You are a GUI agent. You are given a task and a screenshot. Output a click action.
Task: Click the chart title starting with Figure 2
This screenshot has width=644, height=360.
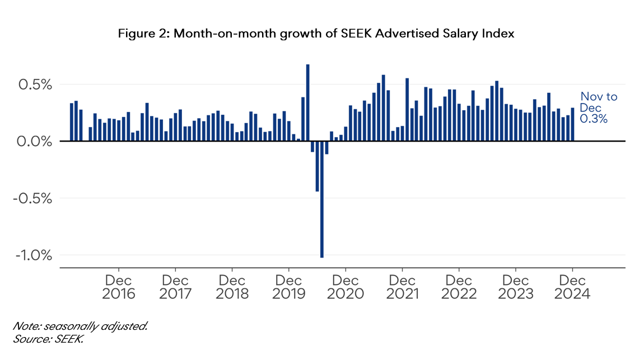coord(315,34)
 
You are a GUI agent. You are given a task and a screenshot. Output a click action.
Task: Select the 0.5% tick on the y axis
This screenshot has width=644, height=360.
coord(35,85)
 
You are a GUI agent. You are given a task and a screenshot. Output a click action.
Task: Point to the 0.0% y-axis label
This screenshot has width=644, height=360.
coord(35,142)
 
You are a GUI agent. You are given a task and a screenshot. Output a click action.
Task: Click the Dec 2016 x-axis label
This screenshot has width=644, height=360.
coord(119,287)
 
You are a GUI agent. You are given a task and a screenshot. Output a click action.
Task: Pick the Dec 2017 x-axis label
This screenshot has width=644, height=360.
coord(175,287)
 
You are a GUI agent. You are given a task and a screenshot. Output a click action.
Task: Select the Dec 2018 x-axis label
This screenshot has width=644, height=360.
coord(232,287)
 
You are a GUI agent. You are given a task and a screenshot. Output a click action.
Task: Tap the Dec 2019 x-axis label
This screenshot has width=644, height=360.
coord(289,287)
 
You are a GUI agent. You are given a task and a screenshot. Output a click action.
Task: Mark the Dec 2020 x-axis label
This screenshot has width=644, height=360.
coord(346,287)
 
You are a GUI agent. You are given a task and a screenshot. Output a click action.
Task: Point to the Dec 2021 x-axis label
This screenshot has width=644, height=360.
coord(403,287)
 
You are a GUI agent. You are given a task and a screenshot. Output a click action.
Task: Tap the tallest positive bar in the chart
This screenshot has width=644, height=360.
coord(307,103)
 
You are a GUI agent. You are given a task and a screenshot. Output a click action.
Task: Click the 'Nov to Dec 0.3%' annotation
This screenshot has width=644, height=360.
coord(598,107)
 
